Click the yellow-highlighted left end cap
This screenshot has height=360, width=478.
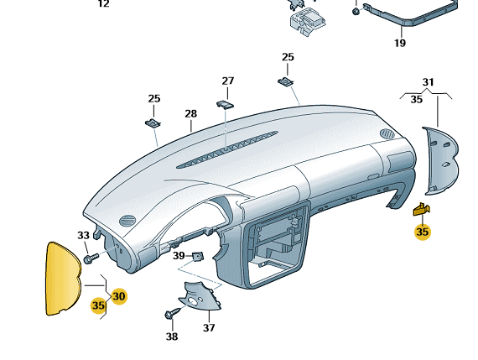pos(63,279)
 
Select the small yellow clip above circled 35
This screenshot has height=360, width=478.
pos(422,209)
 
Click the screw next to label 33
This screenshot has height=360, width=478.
pos(91,258)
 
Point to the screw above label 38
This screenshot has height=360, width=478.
pos(173,313)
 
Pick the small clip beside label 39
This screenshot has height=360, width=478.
pos(198,257)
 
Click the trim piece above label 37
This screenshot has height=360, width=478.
pos(201,296)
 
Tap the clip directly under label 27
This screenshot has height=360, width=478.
pos(225,104)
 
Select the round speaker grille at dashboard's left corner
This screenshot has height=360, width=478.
pos(127,221)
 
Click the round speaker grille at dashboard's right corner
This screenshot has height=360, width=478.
pos(387,134)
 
